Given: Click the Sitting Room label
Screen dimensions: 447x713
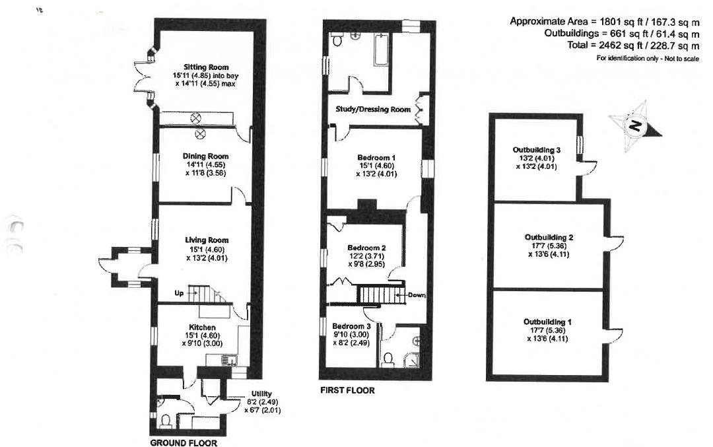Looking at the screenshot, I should point(205,67).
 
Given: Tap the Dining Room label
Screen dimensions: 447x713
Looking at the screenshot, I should point(206,156).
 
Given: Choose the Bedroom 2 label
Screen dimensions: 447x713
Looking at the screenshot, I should point(366,248).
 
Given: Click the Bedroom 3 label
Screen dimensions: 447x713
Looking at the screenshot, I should point(351,326).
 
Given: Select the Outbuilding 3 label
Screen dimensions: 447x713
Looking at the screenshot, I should point(537,151).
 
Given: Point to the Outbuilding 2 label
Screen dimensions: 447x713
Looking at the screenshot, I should point(549,236).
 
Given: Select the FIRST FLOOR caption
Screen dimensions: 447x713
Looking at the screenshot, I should point(347,390).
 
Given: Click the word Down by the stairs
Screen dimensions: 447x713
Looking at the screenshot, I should point(417,295).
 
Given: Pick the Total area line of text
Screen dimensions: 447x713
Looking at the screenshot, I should point(633,46).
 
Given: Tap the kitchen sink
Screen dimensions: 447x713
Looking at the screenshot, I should point(228,361).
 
